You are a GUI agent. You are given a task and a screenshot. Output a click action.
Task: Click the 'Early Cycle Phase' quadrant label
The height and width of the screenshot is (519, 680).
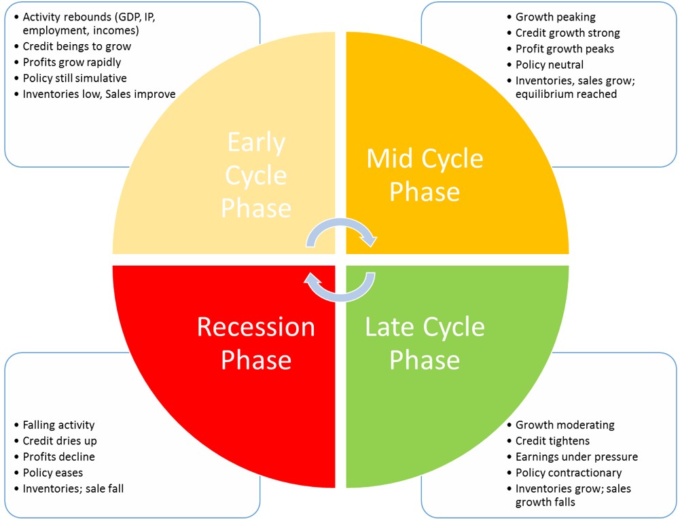click(256, 175)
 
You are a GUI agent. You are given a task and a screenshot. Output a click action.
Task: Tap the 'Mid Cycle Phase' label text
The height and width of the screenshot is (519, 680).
click(425, 175)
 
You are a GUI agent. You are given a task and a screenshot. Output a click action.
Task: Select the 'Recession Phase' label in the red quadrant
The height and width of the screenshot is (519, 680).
click(256, 343)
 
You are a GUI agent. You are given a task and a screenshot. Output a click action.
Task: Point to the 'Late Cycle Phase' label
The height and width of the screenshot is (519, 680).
click(425, 343)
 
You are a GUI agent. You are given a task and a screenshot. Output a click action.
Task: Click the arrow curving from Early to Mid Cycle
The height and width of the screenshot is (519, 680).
click(341, 225)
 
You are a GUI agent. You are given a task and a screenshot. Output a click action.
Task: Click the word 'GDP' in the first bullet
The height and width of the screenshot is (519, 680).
click(127, 18)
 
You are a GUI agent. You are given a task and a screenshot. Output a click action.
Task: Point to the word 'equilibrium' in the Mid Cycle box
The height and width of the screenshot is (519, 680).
click(544, 94)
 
